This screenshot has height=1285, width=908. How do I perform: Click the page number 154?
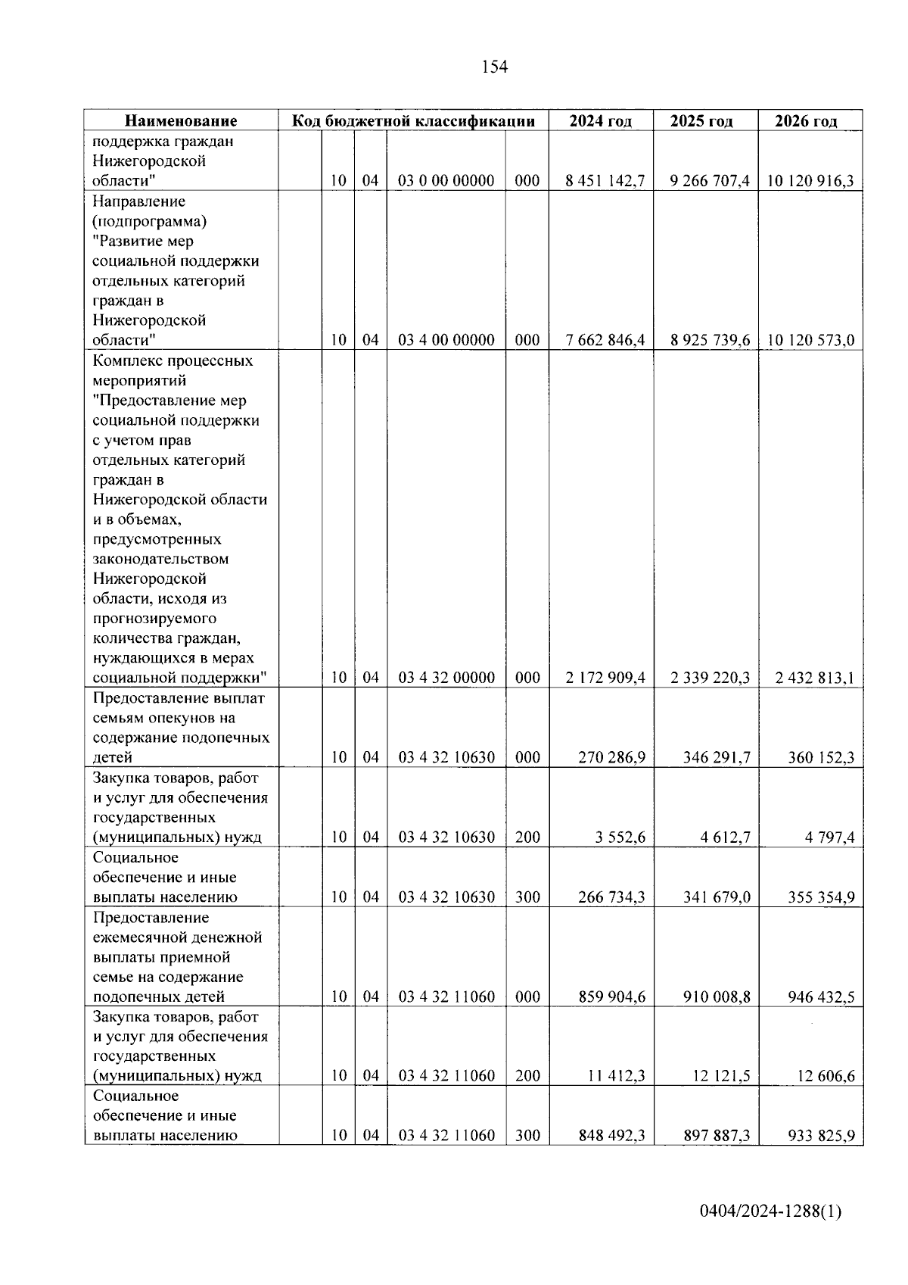coord(494,67)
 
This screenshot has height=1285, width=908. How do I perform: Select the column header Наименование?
coord(181,121)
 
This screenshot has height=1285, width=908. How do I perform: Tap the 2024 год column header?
coord(601,121)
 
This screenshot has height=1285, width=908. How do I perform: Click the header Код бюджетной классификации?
coord(414,121)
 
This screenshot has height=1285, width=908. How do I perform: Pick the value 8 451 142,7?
coord(605,181)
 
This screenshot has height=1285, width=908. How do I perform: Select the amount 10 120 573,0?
coord(811,340)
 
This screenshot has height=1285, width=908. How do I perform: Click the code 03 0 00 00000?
coord(446,181)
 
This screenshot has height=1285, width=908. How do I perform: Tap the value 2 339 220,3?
coord(710,678)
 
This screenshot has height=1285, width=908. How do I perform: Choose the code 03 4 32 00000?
coord(446,678)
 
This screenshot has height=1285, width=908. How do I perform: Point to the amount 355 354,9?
coord(821,897)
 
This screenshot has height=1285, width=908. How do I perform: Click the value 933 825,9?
coord(821,1136)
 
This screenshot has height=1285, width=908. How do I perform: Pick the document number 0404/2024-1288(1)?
coord(770,1212)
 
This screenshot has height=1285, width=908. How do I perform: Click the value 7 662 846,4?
coord(605,340)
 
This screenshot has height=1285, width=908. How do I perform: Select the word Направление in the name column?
coord(139,201)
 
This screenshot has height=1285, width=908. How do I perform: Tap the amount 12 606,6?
coord(825,1076)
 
